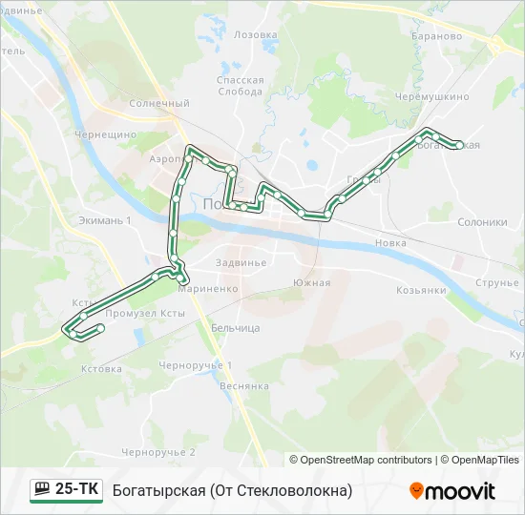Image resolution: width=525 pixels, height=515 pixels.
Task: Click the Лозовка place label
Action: tap(255, 34)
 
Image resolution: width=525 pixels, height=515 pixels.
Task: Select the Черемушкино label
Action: tap(434, 96)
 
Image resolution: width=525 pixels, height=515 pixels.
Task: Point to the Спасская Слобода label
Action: tap(240, 86)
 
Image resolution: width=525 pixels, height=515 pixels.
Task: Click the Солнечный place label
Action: tap(158, 103)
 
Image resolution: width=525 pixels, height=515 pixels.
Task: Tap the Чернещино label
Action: tap(105, 134)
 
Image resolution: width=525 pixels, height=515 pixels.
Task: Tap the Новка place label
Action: tap(390, 243)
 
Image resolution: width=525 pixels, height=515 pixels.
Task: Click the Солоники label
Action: tap(482, 222)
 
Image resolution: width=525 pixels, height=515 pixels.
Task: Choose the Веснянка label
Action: tap(244, 386)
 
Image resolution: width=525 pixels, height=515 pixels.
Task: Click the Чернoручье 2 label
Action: tap(158, 452)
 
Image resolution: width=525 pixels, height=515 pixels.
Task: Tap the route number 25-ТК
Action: tap(77, 490)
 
